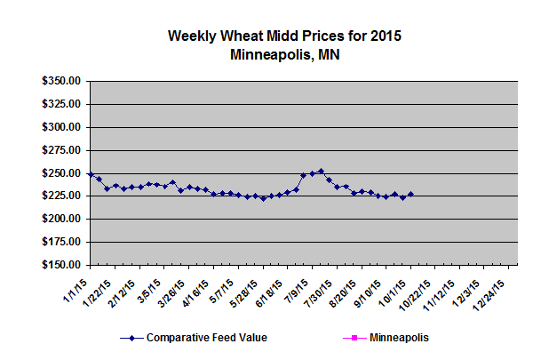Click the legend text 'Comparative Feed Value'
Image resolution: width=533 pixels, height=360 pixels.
(206, 338)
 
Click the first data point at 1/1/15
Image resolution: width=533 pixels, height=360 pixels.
(91, 174)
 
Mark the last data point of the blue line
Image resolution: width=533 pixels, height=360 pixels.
(410, 194)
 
